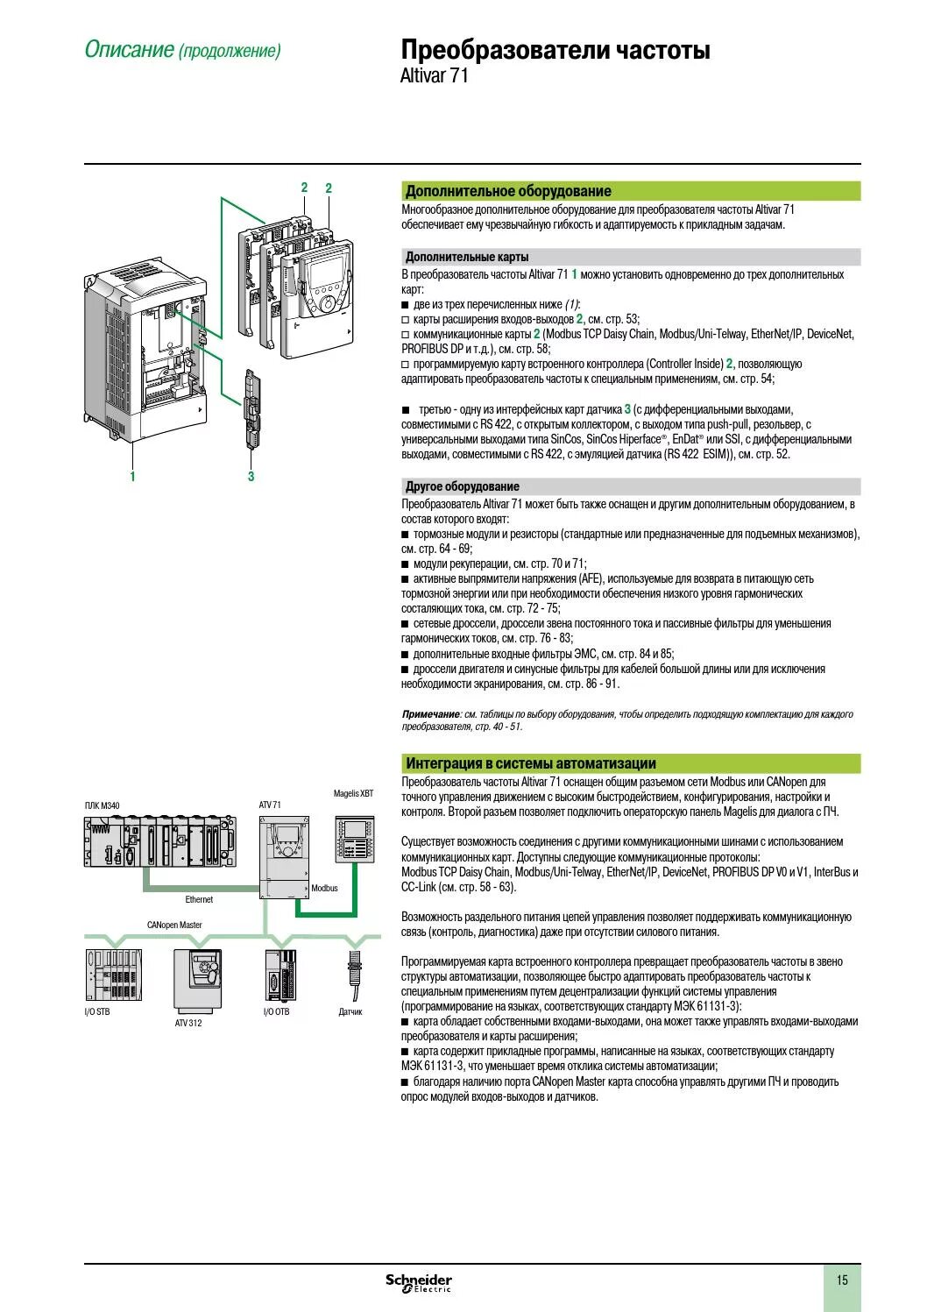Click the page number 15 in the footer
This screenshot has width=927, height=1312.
[x=842, y=1280]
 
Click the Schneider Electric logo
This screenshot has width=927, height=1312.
[x=419, y=1283]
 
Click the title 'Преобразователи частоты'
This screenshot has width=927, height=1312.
[x=555, y=50]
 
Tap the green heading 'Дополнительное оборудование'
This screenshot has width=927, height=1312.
[x=508, y=191]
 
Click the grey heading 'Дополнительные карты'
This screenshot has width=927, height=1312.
[x=466, y=257]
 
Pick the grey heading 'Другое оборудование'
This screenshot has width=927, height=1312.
[x=462, y=486]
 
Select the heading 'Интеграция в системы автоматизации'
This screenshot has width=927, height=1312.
[x=530, y=762]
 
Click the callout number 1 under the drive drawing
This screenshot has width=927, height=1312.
[x=133, y=477]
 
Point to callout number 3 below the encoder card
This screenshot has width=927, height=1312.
[x=251, y=477]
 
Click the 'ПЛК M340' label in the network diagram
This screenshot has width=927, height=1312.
[x=103, y=805]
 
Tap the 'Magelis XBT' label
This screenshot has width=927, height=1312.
[x=353, y=793]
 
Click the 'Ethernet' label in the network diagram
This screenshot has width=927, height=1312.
[x=199, y=899]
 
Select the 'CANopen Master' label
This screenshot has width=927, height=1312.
[x=174, y=925]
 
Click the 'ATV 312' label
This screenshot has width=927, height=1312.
[x=188, y=1024]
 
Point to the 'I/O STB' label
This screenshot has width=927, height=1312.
[x=97, y=1012]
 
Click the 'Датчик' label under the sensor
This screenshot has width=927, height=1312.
[x=350, y=1012]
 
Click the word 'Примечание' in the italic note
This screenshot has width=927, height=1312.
[x=430, y=714]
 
